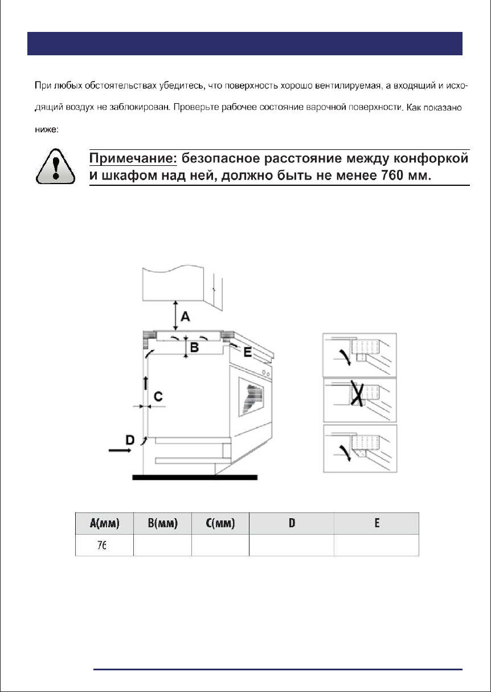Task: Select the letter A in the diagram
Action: [x=185, y=316]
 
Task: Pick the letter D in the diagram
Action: [x=130, y=439]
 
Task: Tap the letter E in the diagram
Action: [x=247, y=352]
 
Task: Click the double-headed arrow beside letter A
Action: [x=175, y=315]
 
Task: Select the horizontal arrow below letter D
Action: [x=120, y=450]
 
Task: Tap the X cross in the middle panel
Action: [x=358, y=394]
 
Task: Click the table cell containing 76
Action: [x=104, y=545]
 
